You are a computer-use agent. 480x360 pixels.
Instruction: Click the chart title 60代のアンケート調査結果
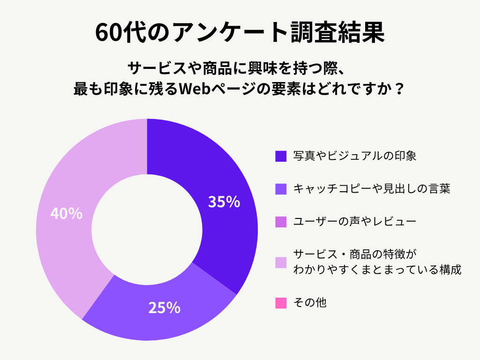tap(240, 32)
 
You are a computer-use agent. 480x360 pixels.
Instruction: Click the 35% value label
tap(224, 202)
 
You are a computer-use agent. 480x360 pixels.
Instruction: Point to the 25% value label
tap(165, 308)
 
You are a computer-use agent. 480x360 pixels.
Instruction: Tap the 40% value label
tap(66, 214)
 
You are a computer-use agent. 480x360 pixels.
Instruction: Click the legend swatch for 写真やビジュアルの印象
tap(280, 156)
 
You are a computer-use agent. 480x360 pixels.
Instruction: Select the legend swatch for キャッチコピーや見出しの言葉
tap(280, 188)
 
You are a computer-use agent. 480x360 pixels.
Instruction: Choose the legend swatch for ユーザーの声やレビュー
tap(280, 221)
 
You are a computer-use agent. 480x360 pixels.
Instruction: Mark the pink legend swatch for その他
tap(280, 303)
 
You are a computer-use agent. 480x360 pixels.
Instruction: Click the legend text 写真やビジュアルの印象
tap(354, 156)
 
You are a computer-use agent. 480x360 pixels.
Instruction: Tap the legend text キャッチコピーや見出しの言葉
tap(372, 188)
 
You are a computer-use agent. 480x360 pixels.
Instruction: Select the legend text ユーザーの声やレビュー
tap(354, 221)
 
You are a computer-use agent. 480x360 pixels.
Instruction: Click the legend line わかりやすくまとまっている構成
tap(377, 270)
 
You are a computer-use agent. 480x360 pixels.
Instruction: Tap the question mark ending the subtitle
tap(400, 89)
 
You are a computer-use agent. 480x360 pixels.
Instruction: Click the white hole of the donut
tap(147, 230)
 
